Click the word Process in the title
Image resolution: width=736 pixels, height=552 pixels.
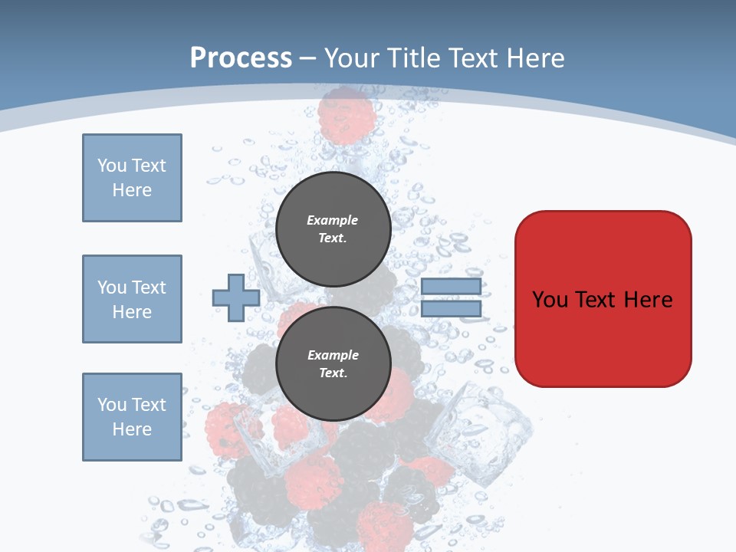pos(241,58)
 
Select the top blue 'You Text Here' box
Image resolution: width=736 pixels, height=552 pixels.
pos(132,178)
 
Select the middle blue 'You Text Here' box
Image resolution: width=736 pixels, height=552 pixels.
pos(132,299)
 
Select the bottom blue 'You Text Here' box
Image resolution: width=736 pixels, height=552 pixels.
pos(132,417)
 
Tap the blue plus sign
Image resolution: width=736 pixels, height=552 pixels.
pos(235,298)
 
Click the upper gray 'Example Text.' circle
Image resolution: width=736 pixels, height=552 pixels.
pos(333,229)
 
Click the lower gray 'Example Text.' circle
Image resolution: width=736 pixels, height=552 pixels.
pos(333,364)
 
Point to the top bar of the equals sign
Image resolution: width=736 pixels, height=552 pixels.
pos(451,286)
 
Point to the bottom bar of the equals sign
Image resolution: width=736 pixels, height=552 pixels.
pos(451,309)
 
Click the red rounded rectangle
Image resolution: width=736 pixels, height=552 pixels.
pos(603,337)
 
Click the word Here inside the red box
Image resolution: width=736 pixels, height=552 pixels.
pos(648,299)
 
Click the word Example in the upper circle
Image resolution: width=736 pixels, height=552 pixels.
pos(333,220)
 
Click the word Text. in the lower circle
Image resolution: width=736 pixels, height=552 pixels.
pos(333,373)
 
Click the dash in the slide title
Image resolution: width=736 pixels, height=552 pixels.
pos(308,59)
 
